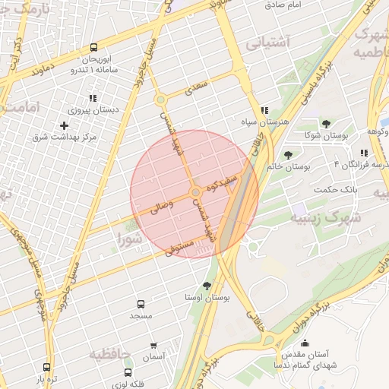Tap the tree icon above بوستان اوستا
point(207,286)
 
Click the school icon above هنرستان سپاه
point(264,110)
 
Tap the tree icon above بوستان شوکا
point(326,124)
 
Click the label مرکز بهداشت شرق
point(65,137)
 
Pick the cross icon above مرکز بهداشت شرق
point(64,125)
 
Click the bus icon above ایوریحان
point(93,47)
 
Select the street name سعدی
point(196,87)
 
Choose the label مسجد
point(141,315)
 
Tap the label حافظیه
point(106,353)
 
